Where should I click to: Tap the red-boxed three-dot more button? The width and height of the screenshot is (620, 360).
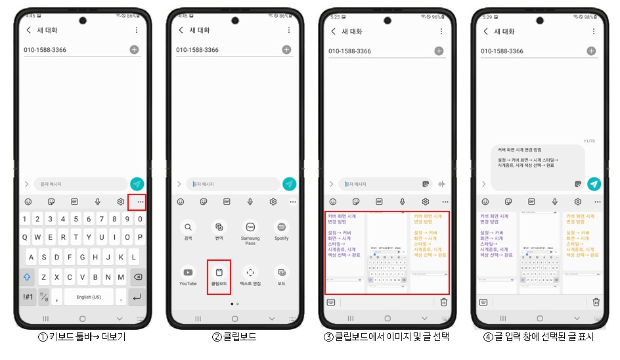pos(140,202)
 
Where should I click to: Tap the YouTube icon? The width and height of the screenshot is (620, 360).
pos(188,273)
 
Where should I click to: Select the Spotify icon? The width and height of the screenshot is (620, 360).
pos(281,227)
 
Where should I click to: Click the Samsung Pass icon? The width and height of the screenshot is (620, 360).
pos(250,227)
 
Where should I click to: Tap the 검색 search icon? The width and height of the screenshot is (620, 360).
pos(188,227)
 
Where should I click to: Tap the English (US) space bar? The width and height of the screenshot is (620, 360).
pos(88,297)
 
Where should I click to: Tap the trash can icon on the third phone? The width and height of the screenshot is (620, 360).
pos(444,302)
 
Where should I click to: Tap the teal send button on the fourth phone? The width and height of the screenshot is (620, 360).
pos(594,184)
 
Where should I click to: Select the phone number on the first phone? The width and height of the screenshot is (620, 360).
pos(45,50)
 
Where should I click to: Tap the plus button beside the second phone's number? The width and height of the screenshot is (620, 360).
pos(286,50)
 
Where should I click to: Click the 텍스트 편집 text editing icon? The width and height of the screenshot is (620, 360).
pos(250,273)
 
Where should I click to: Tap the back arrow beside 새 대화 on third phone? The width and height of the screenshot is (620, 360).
pos(333,31)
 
